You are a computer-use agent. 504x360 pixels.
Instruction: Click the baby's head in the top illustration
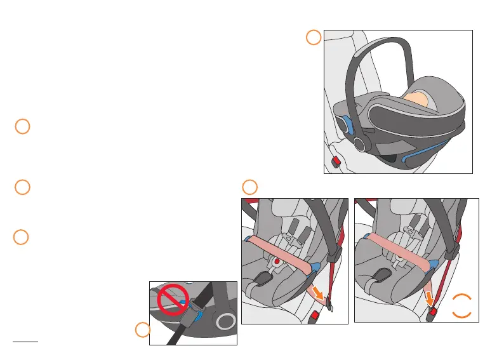pos(417,99)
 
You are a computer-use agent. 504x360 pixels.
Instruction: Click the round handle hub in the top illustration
pos(362,143)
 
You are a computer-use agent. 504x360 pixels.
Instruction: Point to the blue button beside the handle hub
pos(348,126)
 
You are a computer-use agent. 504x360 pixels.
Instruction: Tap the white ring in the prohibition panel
pos(224,323)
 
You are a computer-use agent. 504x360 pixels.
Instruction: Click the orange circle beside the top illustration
pos(313,37)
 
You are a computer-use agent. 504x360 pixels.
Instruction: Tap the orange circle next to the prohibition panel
pos(143,330)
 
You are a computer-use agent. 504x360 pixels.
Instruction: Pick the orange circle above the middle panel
pos(250,187)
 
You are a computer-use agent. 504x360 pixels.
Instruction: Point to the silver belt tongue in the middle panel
pos(331,307)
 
